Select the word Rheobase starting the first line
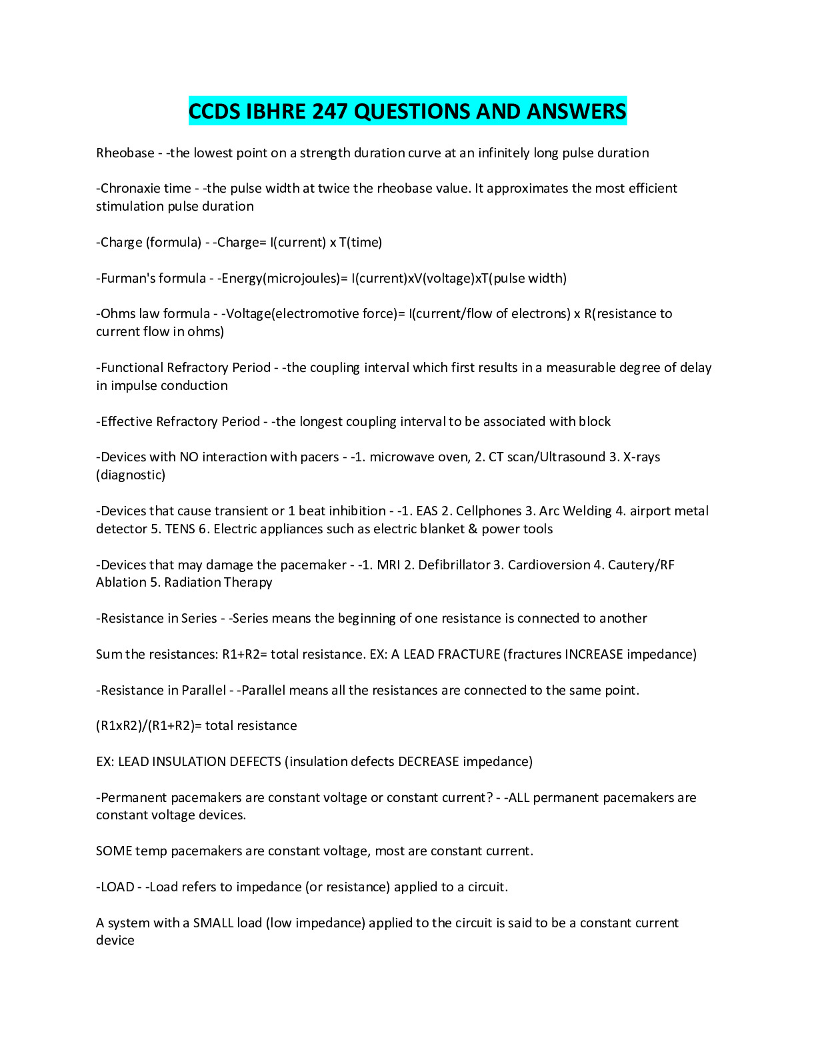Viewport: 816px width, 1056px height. click(x=125, y=153)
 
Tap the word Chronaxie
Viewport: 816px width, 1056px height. click(x=129, y=188)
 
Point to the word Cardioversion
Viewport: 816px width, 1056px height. click(x=549, y=565)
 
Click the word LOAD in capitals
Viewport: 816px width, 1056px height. click(x=117, y=887)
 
